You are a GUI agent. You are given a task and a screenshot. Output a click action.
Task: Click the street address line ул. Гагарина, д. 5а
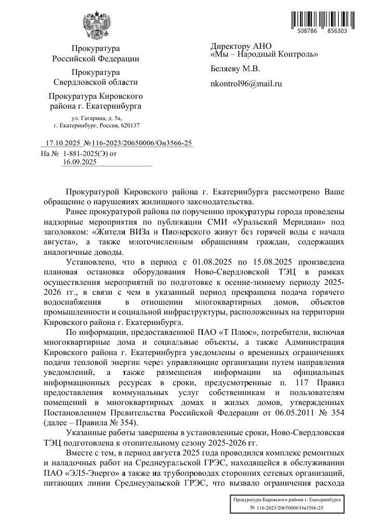tap(96, 119)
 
